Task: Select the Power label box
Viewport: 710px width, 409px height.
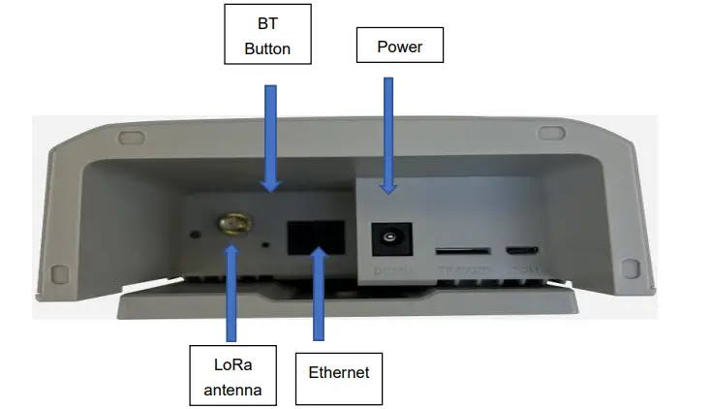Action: coord(401,46)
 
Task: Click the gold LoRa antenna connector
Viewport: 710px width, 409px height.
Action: coord(231,225)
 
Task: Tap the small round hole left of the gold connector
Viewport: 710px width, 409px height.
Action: coord(196,233)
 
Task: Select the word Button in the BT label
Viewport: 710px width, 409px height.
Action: coord(267,48)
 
